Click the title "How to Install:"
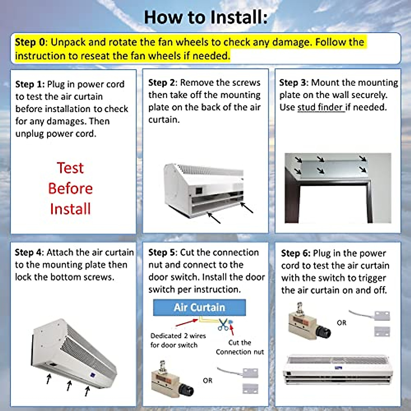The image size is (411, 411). tap(206, 17)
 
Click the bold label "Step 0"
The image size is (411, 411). tap(30, 42)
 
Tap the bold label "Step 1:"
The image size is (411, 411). tap(30, 85)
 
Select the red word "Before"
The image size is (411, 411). tap(71, 188)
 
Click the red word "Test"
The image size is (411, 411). tap(70, 168)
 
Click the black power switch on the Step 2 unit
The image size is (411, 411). tap(199, 190)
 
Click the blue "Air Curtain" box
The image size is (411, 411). tap(199, 307)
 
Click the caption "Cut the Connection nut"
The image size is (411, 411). tap(240, 347)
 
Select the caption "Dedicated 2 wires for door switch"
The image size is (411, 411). tap(178, 340)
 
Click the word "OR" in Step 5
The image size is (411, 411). tap(208, 381)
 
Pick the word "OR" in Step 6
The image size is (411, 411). tap(341, 323)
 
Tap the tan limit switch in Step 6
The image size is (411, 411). tap(310, 321)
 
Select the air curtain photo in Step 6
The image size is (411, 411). tap(338, 370)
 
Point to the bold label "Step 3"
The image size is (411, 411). tap(292, 83)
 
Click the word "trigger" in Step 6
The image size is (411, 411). tap(373, 278)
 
